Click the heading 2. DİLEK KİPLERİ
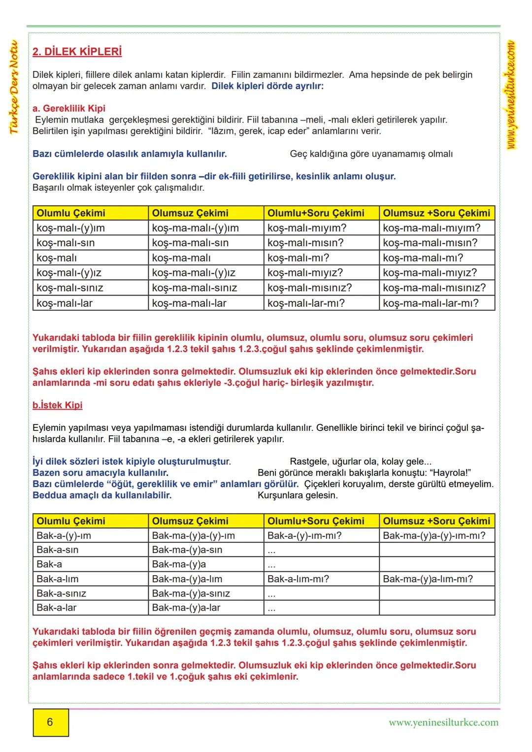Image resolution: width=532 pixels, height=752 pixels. [x=77, y=52]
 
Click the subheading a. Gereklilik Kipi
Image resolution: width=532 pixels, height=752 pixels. [x=69, y=108]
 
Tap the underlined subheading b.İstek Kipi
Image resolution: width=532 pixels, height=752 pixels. [x=57, y=405]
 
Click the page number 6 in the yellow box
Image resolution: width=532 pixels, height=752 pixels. [x=50, y=722]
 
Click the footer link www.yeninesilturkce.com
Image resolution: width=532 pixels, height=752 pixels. [x=443, y=723]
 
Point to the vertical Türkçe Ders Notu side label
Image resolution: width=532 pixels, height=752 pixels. [x=14, y=87]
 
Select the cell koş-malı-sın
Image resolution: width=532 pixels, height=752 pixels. [x=66, y=243]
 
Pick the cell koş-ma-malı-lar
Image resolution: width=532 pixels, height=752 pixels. [x=189, y=303]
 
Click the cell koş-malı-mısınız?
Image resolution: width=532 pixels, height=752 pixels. [x=309, y=288]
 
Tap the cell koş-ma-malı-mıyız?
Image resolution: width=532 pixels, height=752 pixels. [x=430, y=273]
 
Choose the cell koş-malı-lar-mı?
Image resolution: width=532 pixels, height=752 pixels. [x=306, y=303]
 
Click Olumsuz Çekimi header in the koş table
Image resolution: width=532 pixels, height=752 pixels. [x=190, y=213]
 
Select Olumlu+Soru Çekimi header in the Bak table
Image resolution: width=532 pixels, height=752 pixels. [x=316, y=521]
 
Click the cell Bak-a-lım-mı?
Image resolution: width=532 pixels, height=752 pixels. [x=298, y=579]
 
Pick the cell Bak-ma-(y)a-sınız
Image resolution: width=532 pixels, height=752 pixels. [x=191, y=593]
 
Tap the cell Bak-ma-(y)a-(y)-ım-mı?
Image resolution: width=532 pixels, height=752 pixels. [x=434, y=536]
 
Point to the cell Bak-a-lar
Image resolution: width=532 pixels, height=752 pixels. [x=57, y=608]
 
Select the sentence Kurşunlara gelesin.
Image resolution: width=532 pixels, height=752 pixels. [x=298, y=495]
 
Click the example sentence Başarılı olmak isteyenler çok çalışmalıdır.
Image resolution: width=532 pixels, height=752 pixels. [x=118, y=188]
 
